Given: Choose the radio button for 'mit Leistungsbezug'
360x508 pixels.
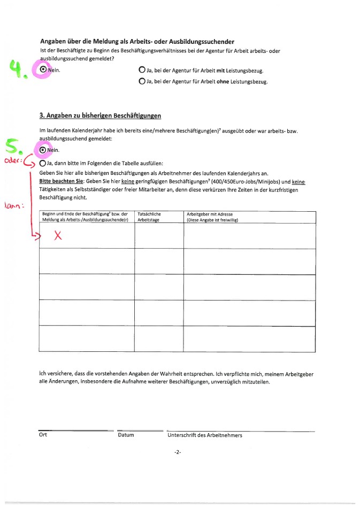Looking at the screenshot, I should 142,70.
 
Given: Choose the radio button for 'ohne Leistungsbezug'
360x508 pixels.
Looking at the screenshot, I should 142,82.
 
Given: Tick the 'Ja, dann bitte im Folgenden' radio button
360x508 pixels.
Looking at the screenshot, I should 43,163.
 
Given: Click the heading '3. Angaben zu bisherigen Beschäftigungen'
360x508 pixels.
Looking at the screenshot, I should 100,116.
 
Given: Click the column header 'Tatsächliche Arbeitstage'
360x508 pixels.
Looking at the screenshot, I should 149,217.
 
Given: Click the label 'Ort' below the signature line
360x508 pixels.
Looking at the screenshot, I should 43,435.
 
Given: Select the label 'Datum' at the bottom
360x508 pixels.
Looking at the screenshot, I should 126,435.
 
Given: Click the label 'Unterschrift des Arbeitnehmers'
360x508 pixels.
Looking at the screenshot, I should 205,435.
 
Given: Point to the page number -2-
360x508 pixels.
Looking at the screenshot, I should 178,452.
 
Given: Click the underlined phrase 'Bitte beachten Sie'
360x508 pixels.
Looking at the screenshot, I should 60,182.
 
